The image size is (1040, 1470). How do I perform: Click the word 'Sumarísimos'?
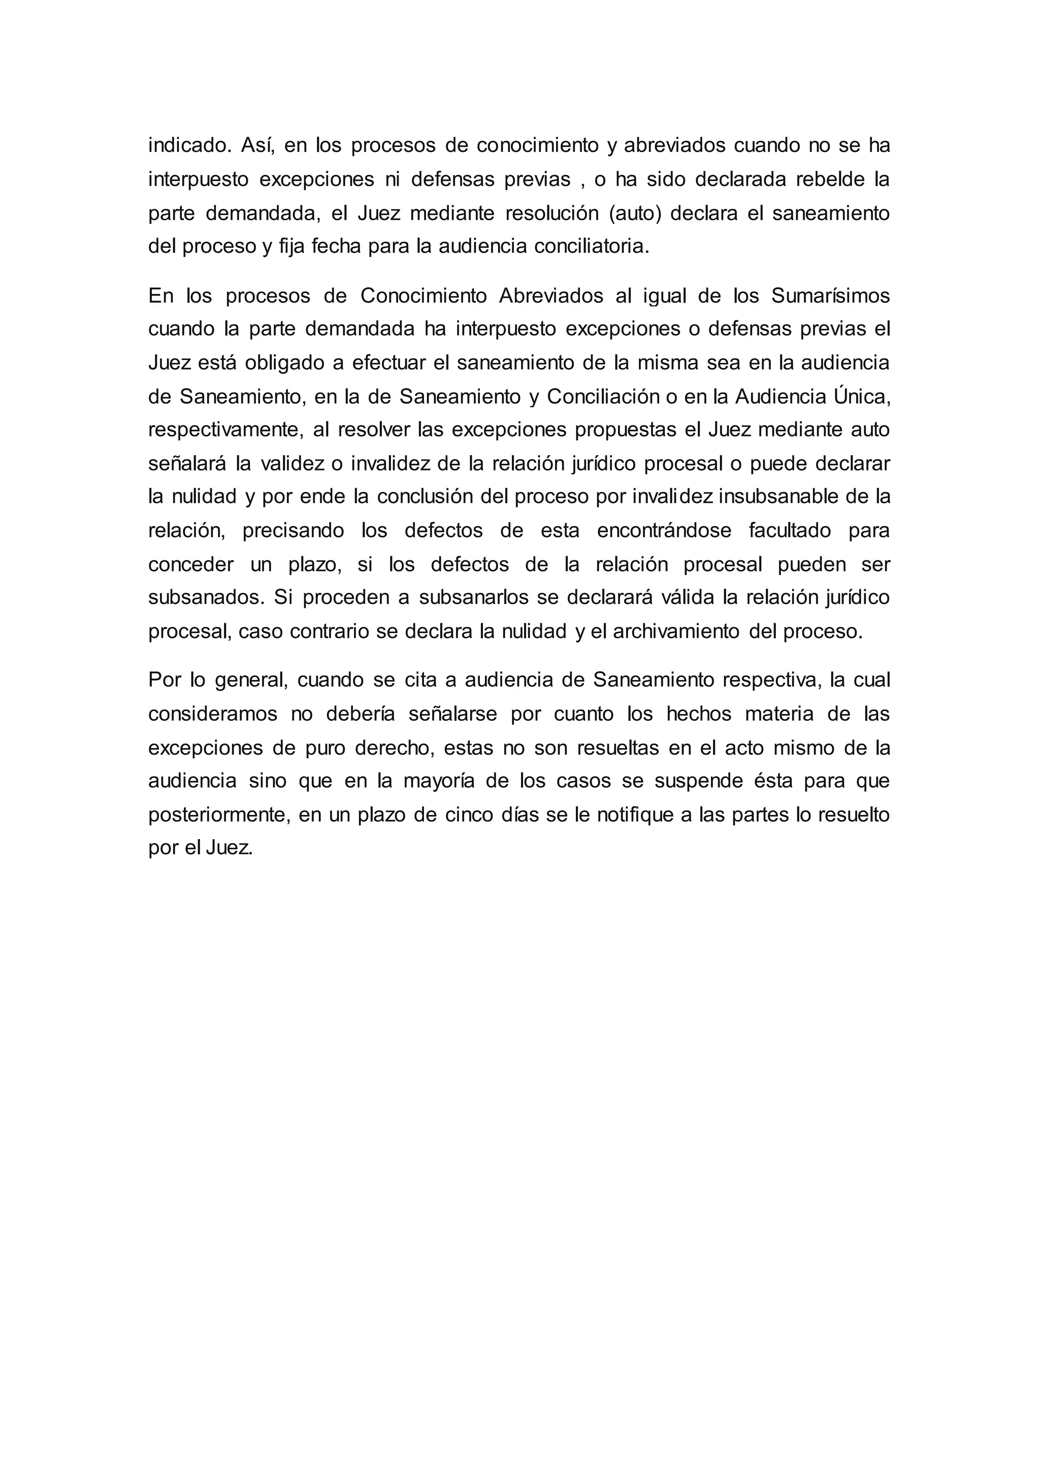[x=830, y=296]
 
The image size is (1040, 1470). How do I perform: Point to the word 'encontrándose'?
[x=663, y=531]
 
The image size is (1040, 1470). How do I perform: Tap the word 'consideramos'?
[x=213, y=714]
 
